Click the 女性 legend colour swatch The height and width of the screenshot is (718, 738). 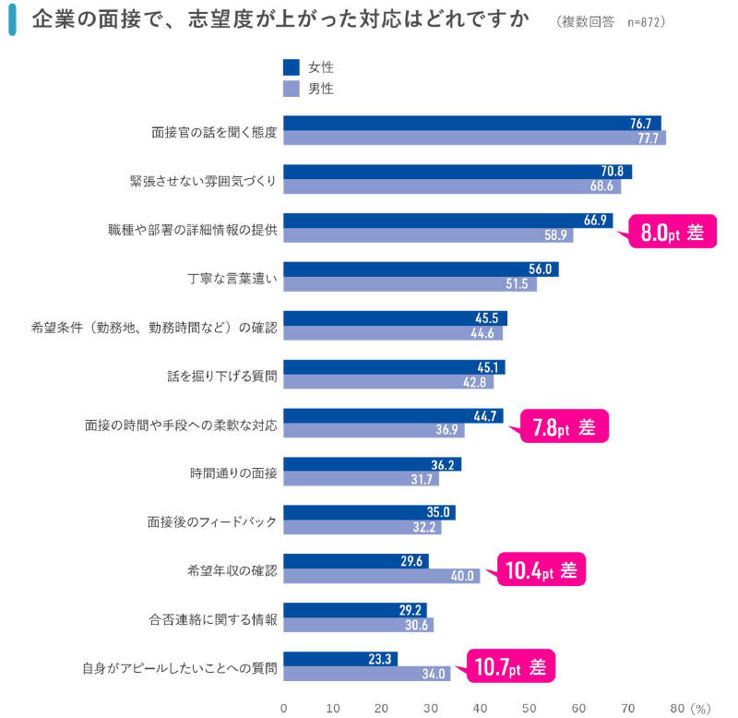tap(292, 67)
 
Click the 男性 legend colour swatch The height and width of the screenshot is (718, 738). tap(292, 90)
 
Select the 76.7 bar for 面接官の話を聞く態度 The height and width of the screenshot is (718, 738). tap(471, 123)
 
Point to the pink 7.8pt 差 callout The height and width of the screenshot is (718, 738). tap(564, 427)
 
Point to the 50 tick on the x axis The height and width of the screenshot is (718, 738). tap(530, 708)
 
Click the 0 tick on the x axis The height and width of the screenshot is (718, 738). tap(283, 708)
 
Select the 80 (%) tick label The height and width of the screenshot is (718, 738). tap(688, 708)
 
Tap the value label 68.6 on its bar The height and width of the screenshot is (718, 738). tap(603, 186)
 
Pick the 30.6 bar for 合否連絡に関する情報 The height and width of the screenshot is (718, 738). tap(358, 625)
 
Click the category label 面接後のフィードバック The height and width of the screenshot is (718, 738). tap(212, 521)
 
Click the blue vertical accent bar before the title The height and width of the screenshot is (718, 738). tap(11, 20)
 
